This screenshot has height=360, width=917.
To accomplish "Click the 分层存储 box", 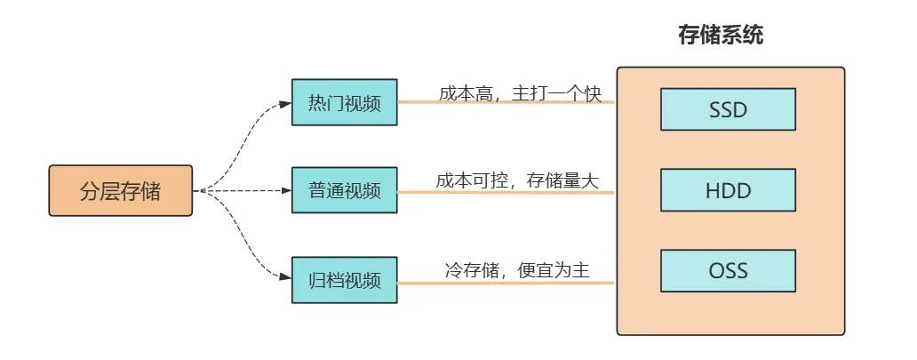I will click(120, 190).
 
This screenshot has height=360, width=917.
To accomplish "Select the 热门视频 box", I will click(345, 102).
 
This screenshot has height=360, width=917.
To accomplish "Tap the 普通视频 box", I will click(345, 190).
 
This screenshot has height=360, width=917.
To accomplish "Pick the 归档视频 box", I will click(345, 280).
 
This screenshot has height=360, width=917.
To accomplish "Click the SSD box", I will click(728, 110).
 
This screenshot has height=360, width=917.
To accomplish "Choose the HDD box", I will click(728, 189).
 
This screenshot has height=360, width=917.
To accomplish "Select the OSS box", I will click(728, 270).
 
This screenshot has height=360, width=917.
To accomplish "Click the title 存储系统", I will click(721, 36).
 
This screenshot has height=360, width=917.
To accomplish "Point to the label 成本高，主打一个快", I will click(520, 93).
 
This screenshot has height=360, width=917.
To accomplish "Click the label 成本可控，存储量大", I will click(517, 180).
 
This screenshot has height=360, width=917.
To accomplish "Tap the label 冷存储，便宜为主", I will click(517, 270).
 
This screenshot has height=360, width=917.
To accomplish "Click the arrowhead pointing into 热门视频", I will click(285, 103).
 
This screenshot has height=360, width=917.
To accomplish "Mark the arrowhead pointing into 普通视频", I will click(285, 190).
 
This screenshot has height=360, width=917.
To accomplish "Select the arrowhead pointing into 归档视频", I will click(285, 278).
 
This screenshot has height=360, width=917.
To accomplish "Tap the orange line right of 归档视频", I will click(506, 283).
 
